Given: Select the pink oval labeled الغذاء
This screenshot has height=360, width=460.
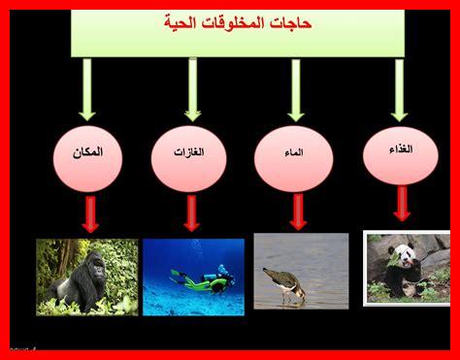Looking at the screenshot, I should tap(400, 152).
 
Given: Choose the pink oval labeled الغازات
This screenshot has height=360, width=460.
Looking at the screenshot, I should tap(189, 155).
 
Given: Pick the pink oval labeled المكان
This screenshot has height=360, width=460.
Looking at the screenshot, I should tap(87, 155).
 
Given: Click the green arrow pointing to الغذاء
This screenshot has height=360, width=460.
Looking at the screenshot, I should tap(399, 89).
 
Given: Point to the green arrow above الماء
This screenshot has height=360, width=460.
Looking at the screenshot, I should tap(296, 89).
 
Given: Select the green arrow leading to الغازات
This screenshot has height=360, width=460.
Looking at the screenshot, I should tap(192, 89).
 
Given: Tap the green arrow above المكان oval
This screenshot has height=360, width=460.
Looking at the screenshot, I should tap(87, 89).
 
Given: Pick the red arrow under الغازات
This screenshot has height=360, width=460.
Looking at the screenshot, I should tap(191, 213).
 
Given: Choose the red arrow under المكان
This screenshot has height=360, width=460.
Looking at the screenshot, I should tap(90, 213).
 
